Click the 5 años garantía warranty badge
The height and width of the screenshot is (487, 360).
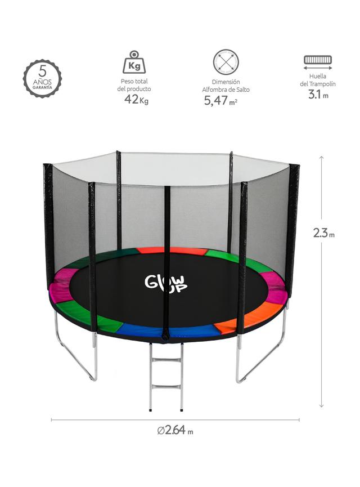(x=42, y=79)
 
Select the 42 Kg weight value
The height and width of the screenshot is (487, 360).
(x=136, y=100)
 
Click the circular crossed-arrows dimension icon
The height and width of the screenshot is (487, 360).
(x=226, y=62)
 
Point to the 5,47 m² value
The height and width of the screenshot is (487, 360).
(x=220, y=100)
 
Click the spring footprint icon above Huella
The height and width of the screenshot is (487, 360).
(x=318, y=62)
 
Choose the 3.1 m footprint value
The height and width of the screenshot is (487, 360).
(x=318, y=94)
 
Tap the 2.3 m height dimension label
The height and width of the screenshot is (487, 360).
(x=323, y=233)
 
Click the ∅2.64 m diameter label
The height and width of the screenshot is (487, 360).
(x=175, y=430)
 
